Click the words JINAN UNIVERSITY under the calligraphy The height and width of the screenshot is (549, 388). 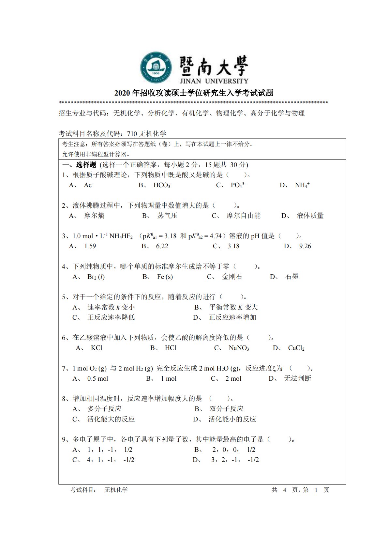[x=214, y=81]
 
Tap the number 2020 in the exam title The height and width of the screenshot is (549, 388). [x=122, y=93]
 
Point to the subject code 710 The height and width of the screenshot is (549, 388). [x=132, y=133]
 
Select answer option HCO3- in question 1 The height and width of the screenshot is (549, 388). [x=162, y=185]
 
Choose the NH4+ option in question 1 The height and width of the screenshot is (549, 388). [x=302, y=185]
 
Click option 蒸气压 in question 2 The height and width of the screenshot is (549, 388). [x=167, y=216]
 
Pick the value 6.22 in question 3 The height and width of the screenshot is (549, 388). [x=162, y=246]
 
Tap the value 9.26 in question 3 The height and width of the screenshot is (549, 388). [x=305, y=246]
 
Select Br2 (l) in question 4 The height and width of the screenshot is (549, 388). [x=96, y=277]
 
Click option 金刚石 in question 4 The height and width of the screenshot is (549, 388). [x=232, y=277]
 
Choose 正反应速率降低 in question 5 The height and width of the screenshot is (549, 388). [x=111, y=317]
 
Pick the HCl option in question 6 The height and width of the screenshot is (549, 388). [x=171, y=348]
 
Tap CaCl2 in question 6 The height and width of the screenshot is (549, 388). [x=296, y=348]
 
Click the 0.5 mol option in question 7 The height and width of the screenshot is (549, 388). [x=97, y=378]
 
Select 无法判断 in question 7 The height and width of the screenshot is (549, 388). [x=297, y=378]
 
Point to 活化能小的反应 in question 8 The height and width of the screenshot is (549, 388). [x=232, y=419]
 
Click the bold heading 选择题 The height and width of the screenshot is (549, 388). [x=86, y=165]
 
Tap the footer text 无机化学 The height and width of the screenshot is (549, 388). [x=116, y=490]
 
